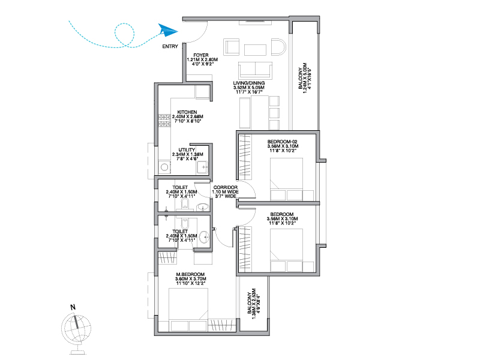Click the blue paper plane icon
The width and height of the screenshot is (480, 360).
pos(168,31)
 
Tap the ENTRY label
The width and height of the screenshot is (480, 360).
pos(170,47)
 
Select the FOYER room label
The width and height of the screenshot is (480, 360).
pos(201,55)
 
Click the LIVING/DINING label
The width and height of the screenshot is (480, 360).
pos(249,83)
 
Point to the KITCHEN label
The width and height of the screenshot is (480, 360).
pos(187,112)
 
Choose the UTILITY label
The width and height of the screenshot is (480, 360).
pos(187,150)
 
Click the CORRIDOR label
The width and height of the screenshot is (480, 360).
pos(226,187)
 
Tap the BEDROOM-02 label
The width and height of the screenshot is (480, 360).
pos(282,142)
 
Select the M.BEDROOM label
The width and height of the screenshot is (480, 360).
pos(190,275)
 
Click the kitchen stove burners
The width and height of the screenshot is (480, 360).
pos(164,121)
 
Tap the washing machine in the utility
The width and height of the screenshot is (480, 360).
pos(164,167)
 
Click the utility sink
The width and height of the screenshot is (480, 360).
pos(203,167)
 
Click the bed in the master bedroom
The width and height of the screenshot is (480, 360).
pos(188,310)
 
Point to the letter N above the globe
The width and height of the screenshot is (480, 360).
pos(73,307)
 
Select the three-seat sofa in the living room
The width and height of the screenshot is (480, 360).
pos(256,70)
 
